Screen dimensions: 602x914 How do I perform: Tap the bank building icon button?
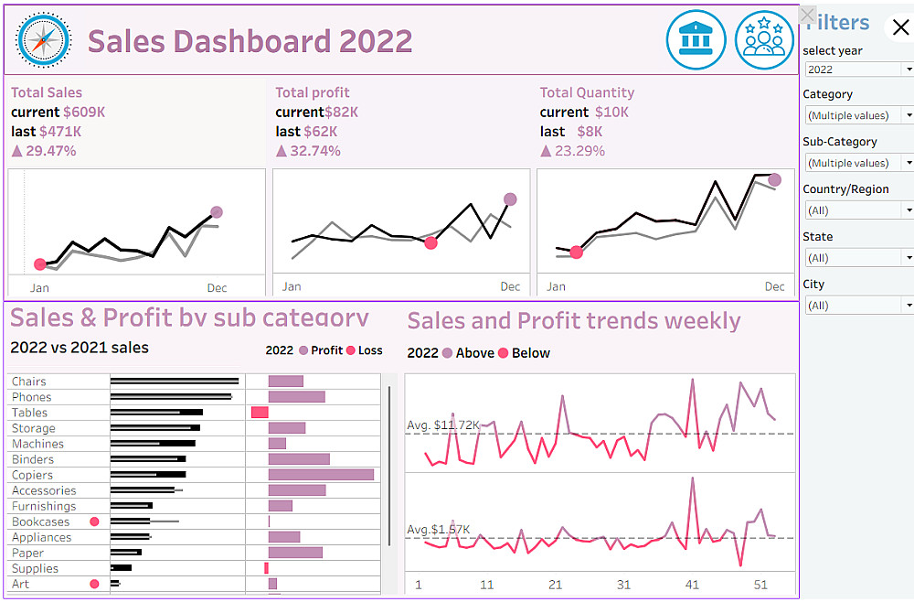pos(696,40)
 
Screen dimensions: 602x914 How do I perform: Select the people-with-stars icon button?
pos(764,40)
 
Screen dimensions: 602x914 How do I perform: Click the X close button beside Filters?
pos(900,27)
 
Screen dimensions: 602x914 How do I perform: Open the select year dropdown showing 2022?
pos(857,70)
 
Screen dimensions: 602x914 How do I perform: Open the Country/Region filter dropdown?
pos(857,210)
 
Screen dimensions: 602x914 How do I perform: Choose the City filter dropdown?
pos(857,306)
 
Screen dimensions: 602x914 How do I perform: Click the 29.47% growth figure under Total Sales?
pos(50,151)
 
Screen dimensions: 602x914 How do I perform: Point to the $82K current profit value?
pos(341,113)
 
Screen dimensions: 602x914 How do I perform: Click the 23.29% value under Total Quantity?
pos(579,151)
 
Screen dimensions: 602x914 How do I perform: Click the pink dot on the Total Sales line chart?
pos(39,264)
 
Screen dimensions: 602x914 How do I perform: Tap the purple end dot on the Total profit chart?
pos(510,199)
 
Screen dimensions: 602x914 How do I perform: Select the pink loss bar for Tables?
pos(260,413)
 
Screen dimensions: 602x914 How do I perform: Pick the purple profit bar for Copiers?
pos(321,475)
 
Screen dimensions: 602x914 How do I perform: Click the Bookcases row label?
pos(41,521)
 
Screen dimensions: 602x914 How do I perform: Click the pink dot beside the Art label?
pos(94,584)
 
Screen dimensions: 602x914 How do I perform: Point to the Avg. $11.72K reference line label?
pos(443,425)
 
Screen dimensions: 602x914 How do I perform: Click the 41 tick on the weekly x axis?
pos(692,586)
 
